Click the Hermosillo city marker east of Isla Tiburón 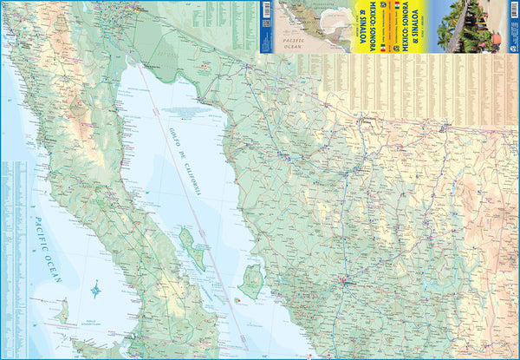pos(344,280)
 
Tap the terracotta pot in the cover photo pos(496,38)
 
